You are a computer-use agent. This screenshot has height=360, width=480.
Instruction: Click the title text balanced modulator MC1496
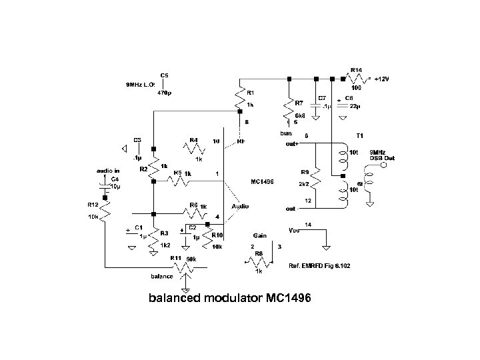click(x=229, y=297)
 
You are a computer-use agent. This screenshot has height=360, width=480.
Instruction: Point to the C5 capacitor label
click(x=164, y=75)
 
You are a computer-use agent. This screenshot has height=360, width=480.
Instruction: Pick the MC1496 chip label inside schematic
click(x=262, y=181)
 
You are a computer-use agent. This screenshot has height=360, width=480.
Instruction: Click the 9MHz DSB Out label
click(x=382, y=155)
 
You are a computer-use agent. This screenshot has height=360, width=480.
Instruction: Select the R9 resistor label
click(x=305, y=171)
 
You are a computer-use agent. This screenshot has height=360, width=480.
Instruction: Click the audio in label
click(x=108, y=171)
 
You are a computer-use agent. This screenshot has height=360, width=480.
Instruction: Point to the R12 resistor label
click(x=93, y=205)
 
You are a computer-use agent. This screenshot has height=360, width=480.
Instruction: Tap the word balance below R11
click(x=162, y=276)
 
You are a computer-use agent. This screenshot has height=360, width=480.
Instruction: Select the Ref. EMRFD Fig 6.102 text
click(x=317, y=265)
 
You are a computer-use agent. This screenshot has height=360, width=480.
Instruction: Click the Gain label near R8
click(x=260, y=236)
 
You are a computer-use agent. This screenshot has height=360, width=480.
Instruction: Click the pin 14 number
click(x=307, y=225)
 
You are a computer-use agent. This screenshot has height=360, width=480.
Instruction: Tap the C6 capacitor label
click(x=349, y=97)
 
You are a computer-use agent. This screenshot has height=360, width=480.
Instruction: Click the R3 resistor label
click(x=164, y=233)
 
